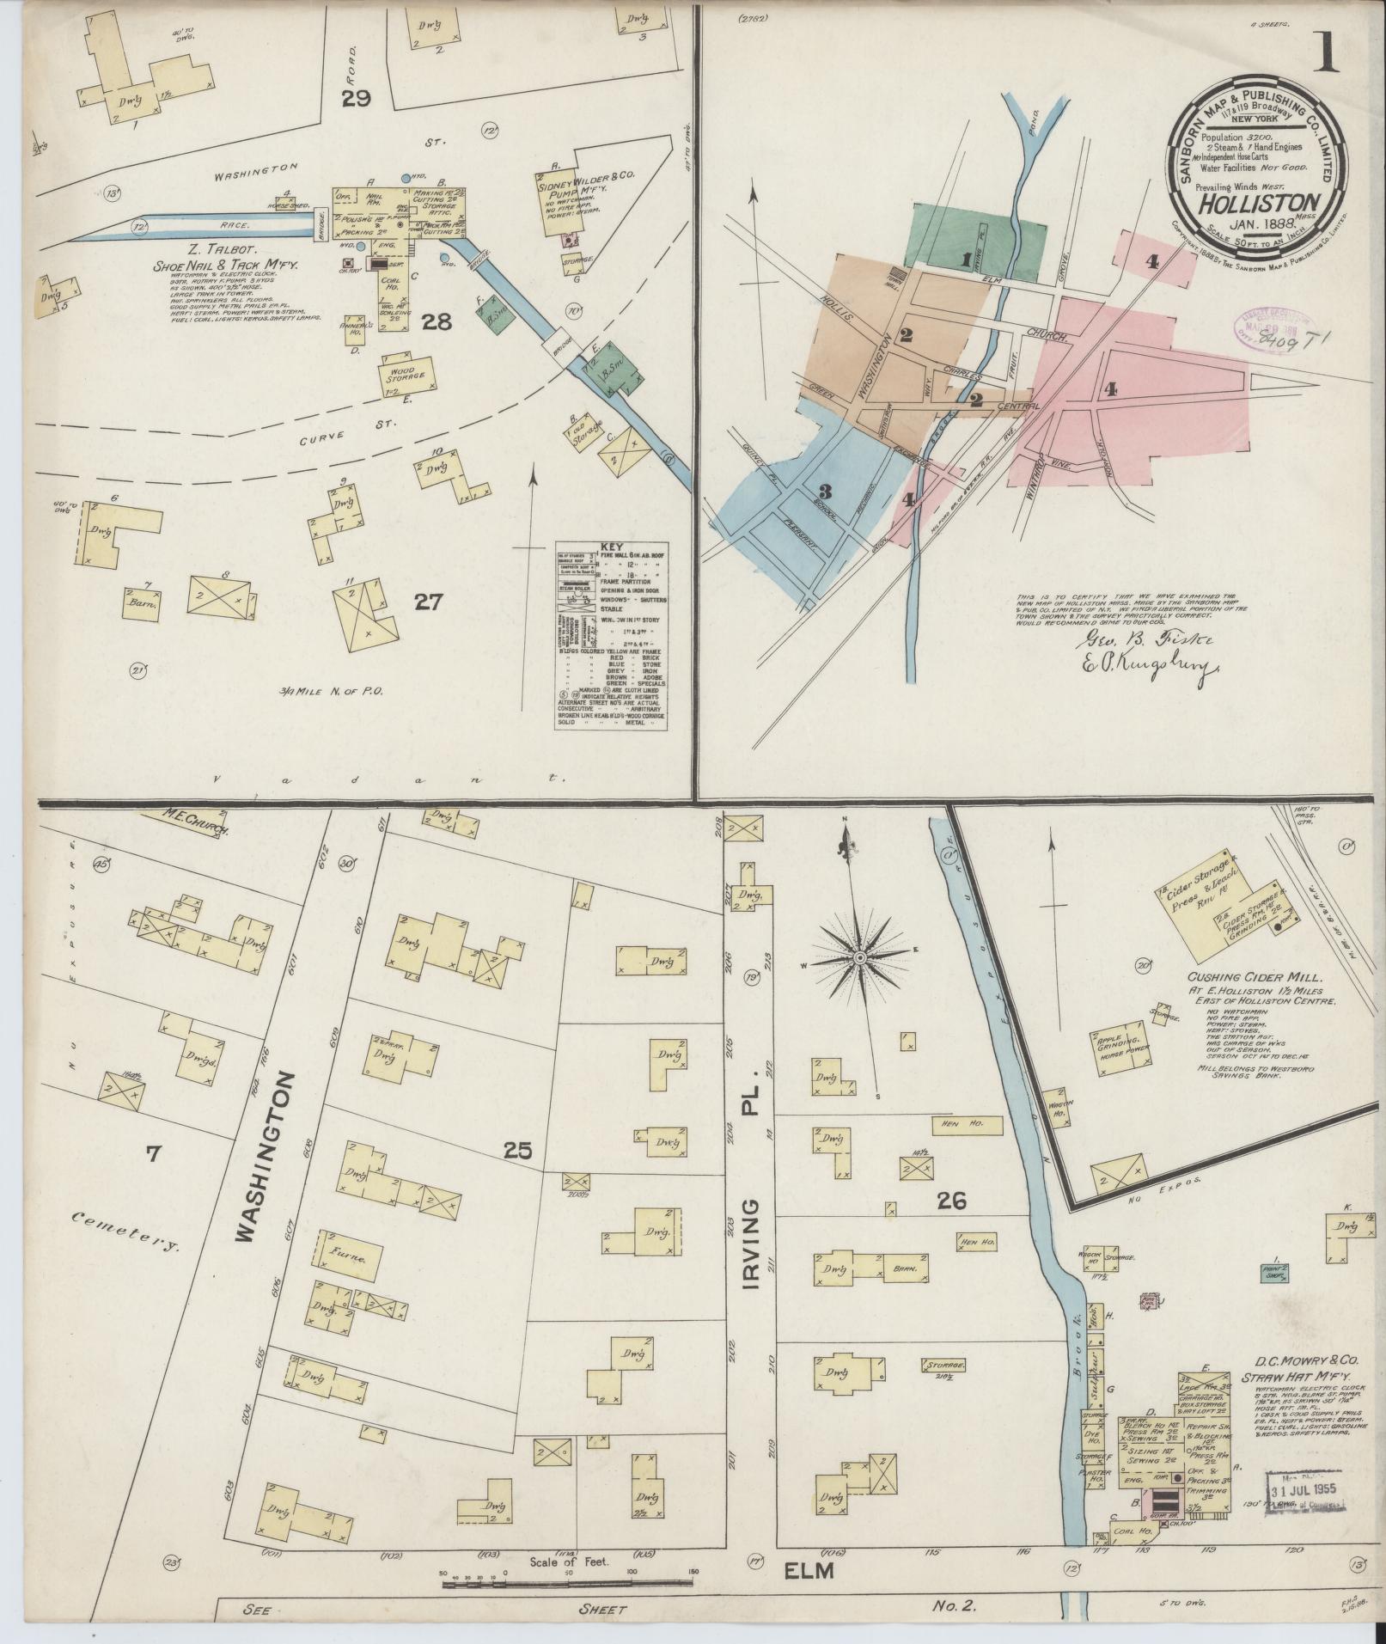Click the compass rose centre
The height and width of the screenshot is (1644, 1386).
point(859,956)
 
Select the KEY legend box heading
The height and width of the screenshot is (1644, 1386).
point(611,546)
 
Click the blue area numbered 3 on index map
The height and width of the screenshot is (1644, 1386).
point(825,492)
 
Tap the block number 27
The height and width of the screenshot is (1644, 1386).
point(427,602)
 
